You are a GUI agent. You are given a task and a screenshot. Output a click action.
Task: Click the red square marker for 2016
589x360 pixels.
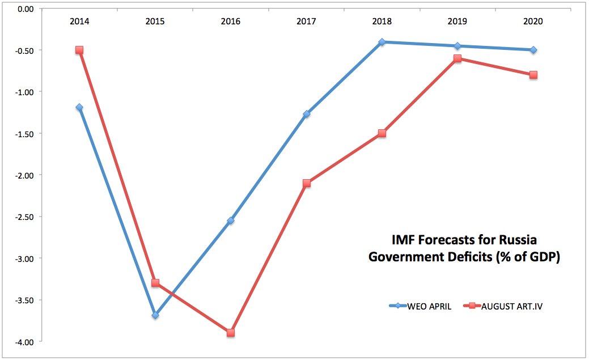pyautogui.click(x=231, y=333)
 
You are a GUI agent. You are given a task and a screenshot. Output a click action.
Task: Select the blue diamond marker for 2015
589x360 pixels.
pyautogui.click(x=155, y=315)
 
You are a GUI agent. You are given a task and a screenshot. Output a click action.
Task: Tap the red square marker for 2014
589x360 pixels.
pyautogui.click(x=79, y=50)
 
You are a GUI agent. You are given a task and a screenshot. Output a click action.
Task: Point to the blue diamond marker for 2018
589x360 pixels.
pyautogui.click(x=382, y=42)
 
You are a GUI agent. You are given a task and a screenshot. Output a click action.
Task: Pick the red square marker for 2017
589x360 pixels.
pyautogui.click(x=307, y=183)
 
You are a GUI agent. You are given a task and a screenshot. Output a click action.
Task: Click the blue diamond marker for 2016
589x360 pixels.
pyautogui.click(x=231, y=221)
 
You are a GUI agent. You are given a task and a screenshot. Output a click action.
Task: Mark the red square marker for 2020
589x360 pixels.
pyautogui.click(x=533, y=75)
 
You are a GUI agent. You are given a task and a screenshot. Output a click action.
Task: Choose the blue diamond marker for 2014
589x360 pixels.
pyautogui.click(x=79, y=107)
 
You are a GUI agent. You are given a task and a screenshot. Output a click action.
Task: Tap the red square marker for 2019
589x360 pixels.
pyautogui.click(x=457, y=58)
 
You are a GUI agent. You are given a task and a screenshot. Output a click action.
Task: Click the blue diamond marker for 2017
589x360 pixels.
pyautogui.click(x=307, y=114)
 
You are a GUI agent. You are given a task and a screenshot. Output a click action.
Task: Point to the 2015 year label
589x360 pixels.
pyautogui.click(x=155, y=22)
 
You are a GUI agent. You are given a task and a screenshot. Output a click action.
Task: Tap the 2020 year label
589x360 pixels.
pyautogui.click(x=533, y=22)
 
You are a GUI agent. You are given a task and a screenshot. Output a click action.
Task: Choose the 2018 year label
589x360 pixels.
pyautogui.click(x=382, y=22)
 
